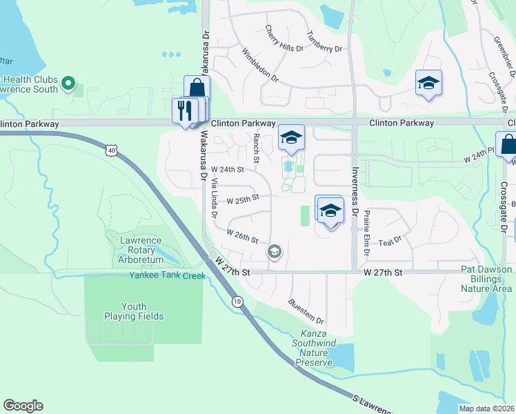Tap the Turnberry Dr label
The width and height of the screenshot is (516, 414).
click(x=324, y=43)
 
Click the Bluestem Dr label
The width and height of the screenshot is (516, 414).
click(x=306, y=311)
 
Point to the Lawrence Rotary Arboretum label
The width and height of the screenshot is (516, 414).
click(x=142, y=250)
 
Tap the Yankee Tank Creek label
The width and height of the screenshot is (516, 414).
click(x=167, y=275)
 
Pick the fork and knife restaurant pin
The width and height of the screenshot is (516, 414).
click(x=183, y=110)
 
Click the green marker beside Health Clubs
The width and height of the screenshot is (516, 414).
click(x=68, y=83)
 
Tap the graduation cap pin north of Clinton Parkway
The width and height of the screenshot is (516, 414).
click(x=428, y=83)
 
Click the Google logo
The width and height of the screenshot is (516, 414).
click(x=23, y=406)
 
